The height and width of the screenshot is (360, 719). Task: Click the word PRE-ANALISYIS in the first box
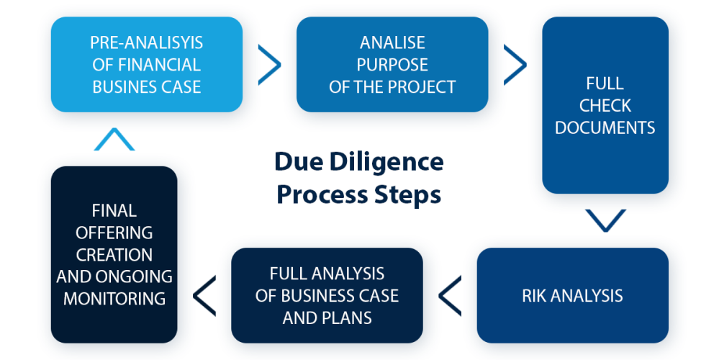146,42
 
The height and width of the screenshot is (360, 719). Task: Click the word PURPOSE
392,65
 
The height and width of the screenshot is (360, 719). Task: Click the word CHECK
605,105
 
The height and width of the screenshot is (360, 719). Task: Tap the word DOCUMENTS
605,127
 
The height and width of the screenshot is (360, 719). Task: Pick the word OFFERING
114,233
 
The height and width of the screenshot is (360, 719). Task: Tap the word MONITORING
114,299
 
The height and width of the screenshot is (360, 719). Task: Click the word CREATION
114,255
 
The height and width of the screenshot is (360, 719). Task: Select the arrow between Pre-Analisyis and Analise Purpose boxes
270,65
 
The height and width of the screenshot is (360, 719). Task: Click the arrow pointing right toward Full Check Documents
515,65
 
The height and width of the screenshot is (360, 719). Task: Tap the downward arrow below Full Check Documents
606,220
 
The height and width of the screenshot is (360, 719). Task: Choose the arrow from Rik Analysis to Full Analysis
450,296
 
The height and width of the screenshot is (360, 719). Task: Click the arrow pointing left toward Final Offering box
204,296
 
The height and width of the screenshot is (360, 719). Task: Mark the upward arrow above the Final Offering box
114,139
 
